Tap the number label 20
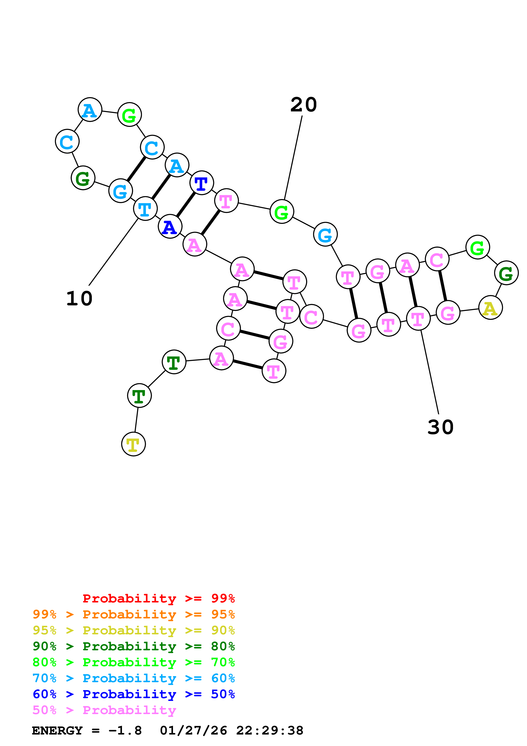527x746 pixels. (303, 105)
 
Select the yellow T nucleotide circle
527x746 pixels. (134, 444)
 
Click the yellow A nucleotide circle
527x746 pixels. (490, 308)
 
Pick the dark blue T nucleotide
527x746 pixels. (202, 183)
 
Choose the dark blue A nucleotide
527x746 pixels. (170, 226)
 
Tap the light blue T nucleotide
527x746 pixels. (145, 209)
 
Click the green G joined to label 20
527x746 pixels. (282, 212)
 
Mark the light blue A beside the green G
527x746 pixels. (90, 110)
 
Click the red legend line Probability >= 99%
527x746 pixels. (158, 598)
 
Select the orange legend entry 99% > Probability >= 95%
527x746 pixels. (134, 614)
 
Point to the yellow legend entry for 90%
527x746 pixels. (134, 630)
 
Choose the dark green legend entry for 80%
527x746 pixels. (134, 646)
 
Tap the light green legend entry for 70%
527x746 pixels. (134, 662)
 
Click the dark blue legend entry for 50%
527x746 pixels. (134, 694)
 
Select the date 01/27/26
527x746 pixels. (193, 730)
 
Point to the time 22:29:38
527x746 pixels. (270, 730)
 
